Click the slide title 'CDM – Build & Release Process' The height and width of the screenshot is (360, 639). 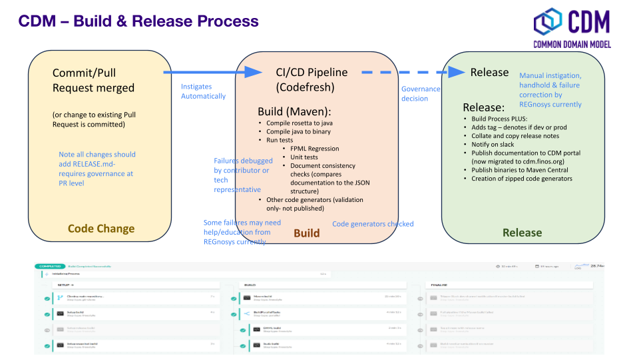(x=138, y=21)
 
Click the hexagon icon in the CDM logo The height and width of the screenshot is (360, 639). (x=548, y=22)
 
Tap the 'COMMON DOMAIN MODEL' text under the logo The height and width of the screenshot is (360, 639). (x=572, y=45)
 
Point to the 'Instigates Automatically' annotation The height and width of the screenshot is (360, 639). (x=203, y=91)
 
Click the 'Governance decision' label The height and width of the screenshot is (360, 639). (x=420, y=93)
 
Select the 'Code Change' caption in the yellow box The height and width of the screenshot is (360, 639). (x=101, y=229)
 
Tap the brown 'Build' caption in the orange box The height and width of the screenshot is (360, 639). (x=306, y=233)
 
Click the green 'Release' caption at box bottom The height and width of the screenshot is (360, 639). (x=522, y=233)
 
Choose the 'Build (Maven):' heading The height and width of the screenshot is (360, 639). (x=294, y=111)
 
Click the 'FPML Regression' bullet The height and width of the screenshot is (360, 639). (x=315, y=149)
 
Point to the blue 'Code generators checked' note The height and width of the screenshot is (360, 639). (x=373, y=224)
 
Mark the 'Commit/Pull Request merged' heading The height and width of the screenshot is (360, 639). (x=93, y=80)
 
